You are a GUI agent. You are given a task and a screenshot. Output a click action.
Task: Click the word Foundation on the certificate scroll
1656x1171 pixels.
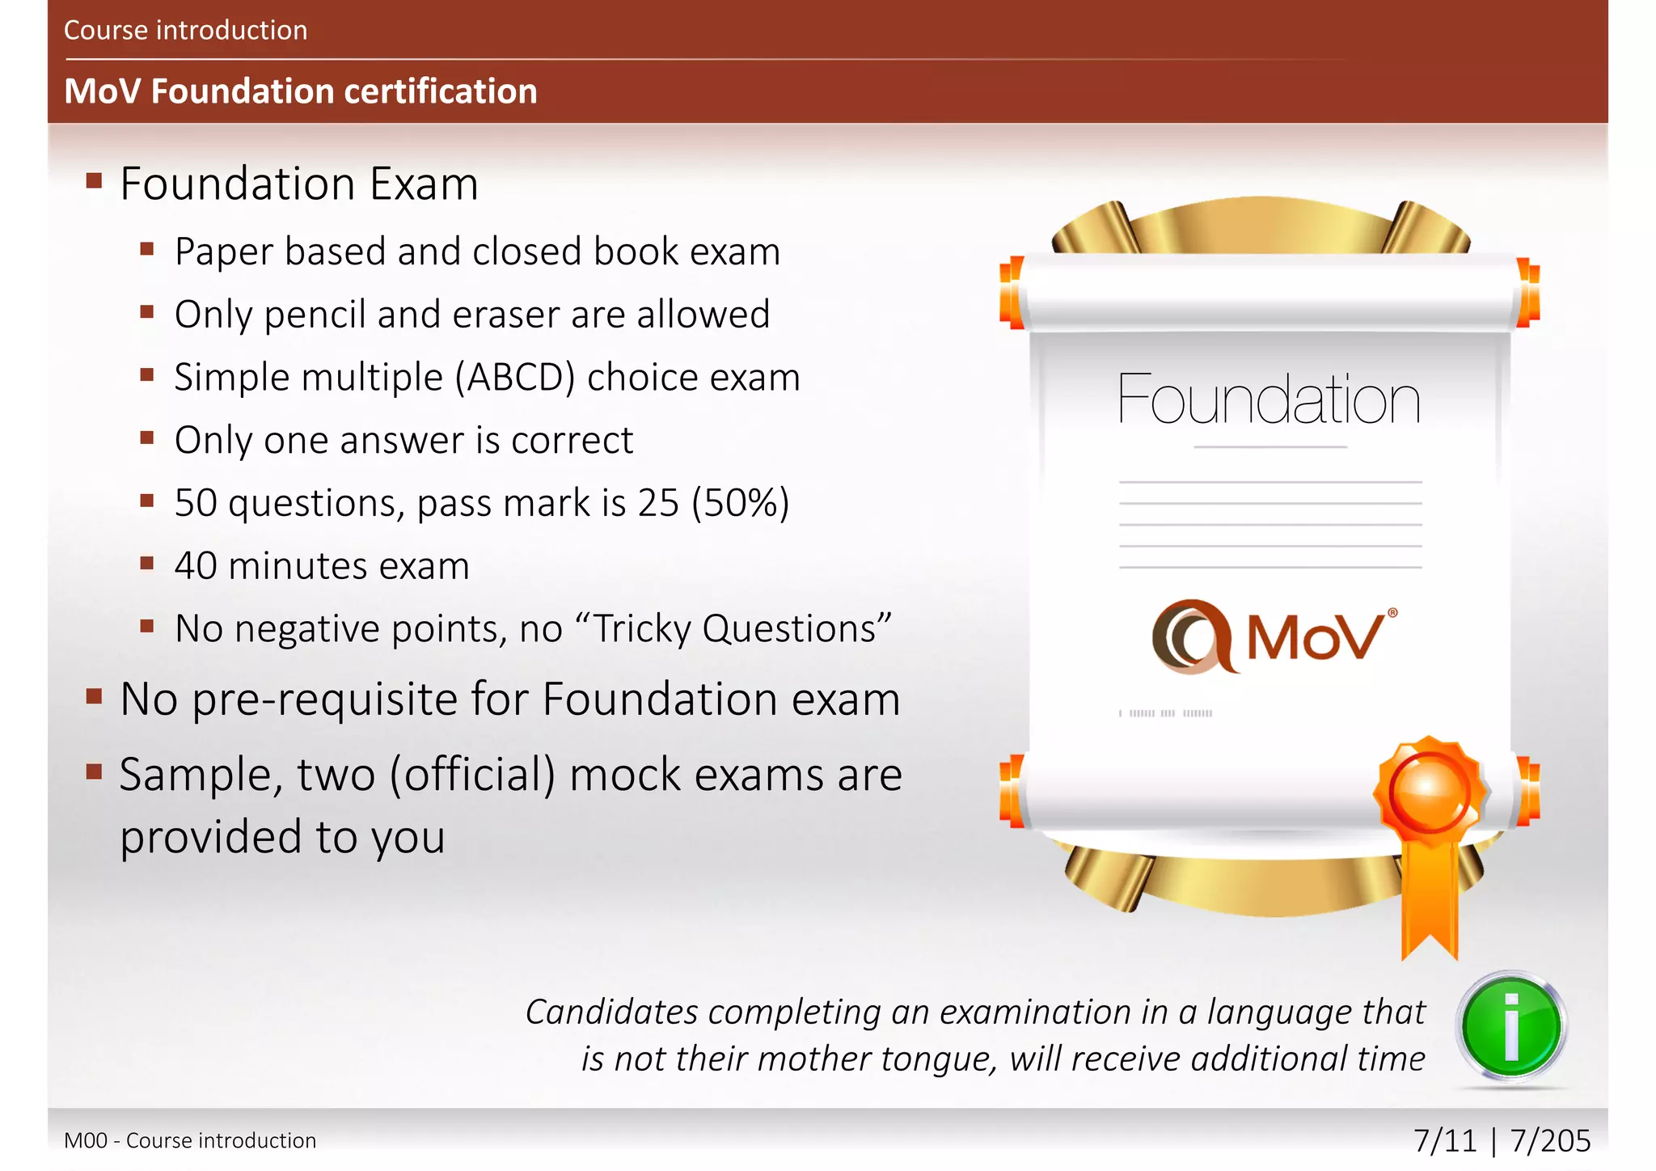[x=1269, y=399]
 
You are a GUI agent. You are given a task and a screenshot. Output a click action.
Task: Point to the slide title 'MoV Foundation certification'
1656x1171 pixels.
[x=300, y=91]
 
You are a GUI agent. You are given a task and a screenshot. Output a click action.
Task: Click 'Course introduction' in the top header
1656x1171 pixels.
[x=185, y=31]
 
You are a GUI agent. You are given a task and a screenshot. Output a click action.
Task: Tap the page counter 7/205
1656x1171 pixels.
[x=1550, y=1140]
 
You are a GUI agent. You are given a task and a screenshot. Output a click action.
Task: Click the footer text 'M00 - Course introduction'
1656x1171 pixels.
[x=190, y=1140]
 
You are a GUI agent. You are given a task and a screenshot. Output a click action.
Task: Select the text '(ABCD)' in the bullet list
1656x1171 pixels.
[x=515, y=378]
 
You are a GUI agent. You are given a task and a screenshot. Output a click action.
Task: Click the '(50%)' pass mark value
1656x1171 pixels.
[x=740, y=503]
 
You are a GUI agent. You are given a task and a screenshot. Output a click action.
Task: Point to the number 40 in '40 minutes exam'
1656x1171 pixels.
[x=196, y=566]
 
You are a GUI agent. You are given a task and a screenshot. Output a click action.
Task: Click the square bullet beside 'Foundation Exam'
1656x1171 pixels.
[x=95, y=180]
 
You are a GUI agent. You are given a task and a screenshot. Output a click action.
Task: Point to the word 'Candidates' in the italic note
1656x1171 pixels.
[x=612, y=1012]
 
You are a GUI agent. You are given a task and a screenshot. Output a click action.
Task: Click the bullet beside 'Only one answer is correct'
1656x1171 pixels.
[x=146, y=438]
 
